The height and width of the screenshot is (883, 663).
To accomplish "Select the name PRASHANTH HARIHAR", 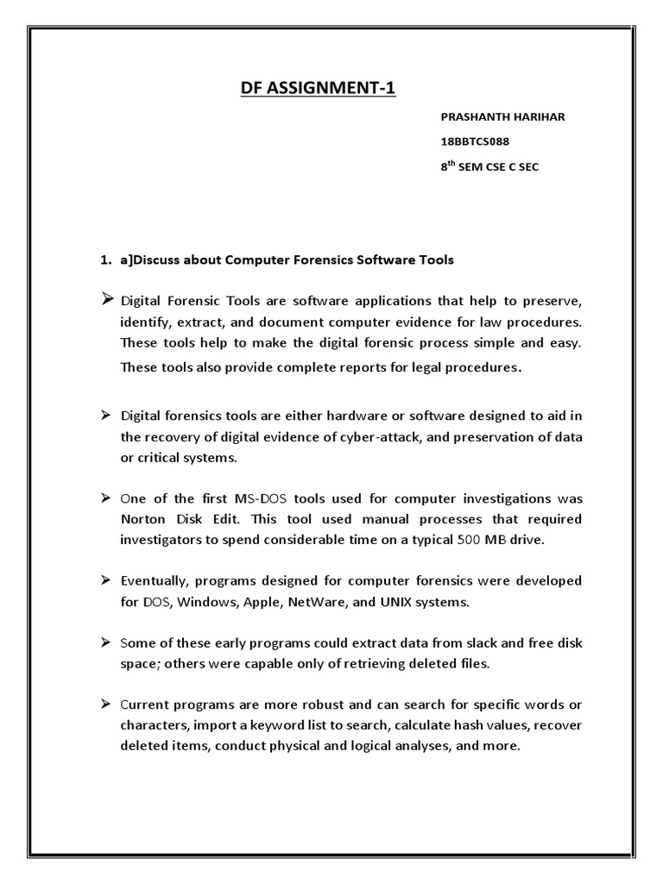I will pos(502,116).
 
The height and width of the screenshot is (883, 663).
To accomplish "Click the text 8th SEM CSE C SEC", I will pos(489,167).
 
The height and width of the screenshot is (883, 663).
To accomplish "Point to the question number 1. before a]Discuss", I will pos(106,260).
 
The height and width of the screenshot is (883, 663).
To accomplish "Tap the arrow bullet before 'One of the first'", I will pos(105,498).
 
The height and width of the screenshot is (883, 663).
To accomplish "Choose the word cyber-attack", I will pos(376,436).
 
